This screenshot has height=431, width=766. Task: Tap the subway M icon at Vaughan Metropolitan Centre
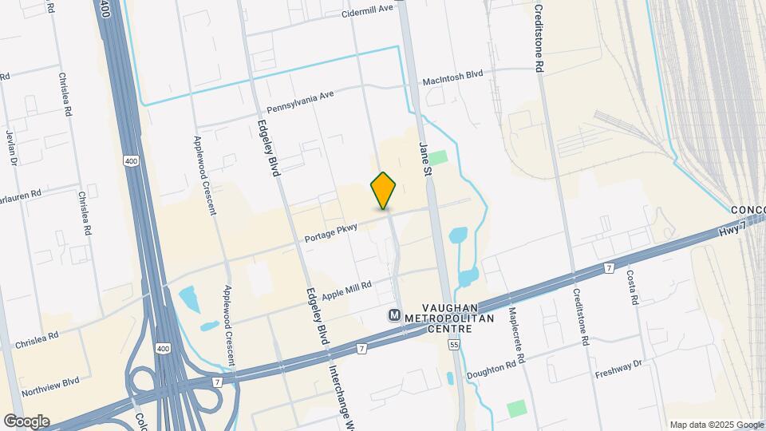(395, 315)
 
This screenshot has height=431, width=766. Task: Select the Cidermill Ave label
(368, 10)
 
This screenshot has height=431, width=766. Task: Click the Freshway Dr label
(618, 369)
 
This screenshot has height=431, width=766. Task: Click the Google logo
(26, 421)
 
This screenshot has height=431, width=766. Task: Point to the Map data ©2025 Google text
(716, 425)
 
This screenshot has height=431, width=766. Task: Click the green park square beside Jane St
(440, 157)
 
